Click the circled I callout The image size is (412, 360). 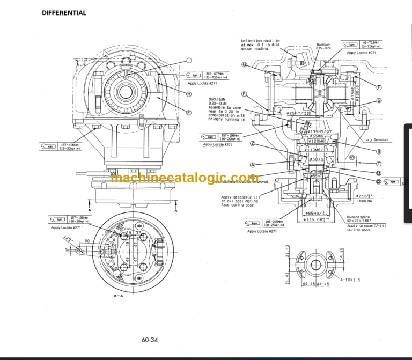(x=188, y=60)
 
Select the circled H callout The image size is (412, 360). (x=189, y=94)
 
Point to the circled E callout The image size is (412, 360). (x=189, y=113)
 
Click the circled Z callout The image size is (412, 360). (x=252, y=144)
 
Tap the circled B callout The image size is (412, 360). (x=378, y=152)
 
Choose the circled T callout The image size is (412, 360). (x=378, y=164)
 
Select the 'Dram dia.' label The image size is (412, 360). (x=364, y=202)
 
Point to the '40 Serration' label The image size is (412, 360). (x=378, y=140)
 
